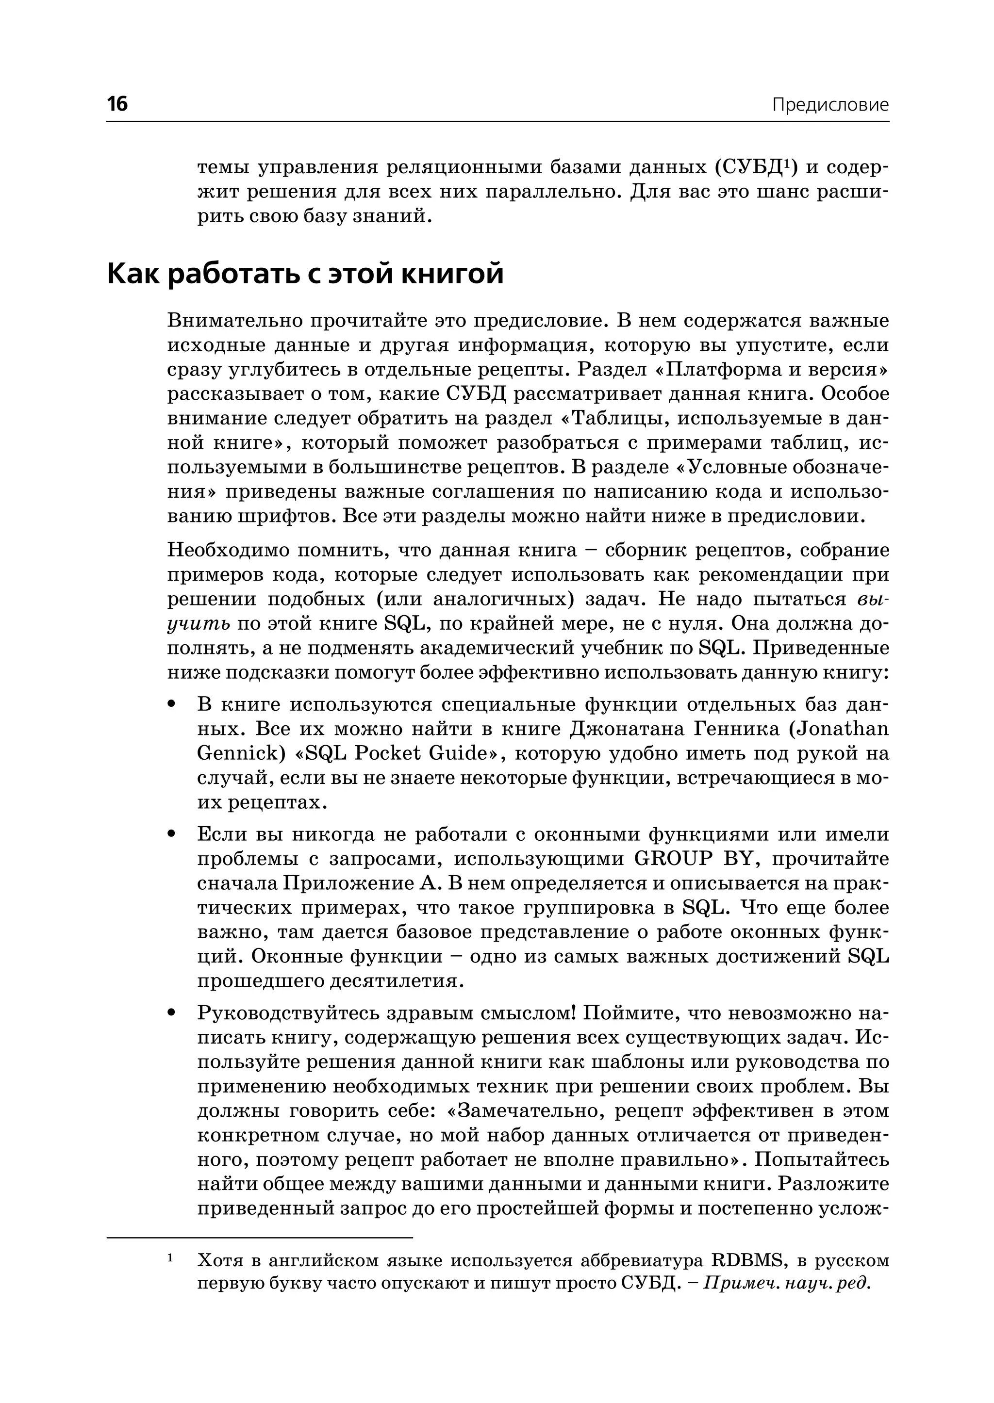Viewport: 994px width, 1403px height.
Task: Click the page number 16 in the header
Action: [x=117, y=103]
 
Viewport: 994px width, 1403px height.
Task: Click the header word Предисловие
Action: [x=829, y=105]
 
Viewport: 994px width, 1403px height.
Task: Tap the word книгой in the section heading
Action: [x=452, y=274]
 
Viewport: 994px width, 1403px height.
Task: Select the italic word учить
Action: [x=198, y=624]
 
